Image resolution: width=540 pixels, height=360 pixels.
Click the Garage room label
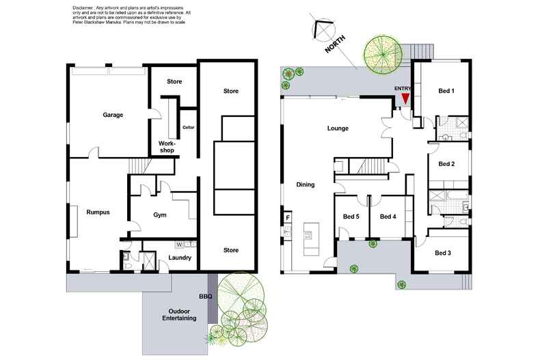point(113,115)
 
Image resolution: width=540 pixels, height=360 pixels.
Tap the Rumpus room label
point(98,212)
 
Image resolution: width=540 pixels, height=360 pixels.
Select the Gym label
point(160,215)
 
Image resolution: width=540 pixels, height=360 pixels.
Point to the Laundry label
point(180,258)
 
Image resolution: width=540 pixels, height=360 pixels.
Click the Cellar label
point(189,127)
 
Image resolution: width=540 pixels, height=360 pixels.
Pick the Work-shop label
point(167,147)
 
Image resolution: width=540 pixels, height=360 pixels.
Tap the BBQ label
point(206,296)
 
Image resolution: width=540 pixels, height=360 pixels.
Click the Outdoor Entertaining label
point(179,315)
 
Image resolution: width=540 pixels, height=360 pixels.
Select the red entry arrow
point(406,99)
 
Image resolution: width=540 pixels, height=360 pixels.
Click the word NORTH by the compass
point(335,44)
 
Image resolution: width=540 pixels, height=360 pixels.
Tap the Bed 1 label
point(446,91)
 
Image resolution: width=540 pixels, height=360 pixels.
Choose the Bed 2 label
point(446,164)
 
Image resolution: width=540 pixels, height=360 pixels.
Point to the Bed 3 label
point(443,253)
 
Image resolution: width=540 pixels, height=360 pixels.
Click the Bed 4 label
point(388,217)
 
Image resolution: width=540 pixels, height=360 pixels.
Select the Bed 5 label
point(351,217)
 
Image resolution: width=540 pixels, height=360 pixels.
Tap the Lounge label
point(338,128)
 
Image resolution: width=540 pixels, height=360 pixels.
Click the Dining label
point(306,185)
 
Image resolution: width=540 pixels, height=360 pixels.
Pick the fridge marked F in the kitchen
point(288,217)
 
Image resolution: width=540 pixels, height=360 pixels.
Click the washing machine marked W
point(179,245)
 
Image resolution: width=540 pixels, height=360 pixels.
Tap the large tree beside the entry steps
point(383,55)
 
